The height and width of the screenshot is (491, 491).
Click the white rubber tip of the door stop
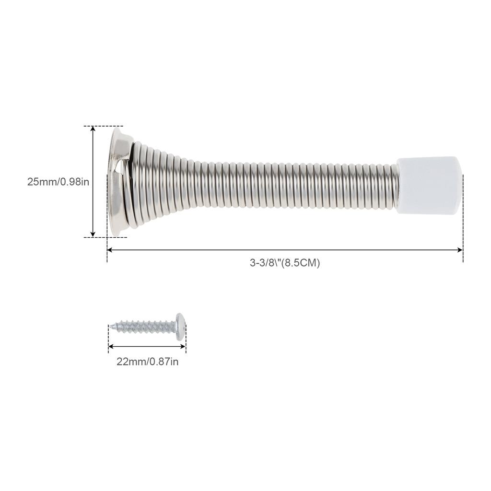(428, 185)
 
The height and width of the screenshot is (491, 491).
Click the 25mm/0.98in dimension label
(58, 182)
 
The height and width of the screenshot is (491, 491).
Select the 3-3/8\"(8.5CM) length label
(284, 263)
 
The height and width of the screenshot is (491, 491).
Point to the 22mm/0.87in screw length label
(147, 362)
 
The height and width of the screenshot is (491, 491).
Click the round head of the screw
(180, 327)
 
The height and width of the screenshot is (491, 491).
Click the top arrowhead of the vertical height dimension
(93, 129)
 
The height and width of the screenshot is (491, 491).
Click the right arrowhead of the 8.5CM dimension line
(460, 250)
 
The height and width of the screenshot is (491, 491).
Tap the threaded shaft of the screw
(144, 327)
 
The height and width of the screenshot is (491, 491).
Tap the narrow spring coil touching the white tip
(395, 185)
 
